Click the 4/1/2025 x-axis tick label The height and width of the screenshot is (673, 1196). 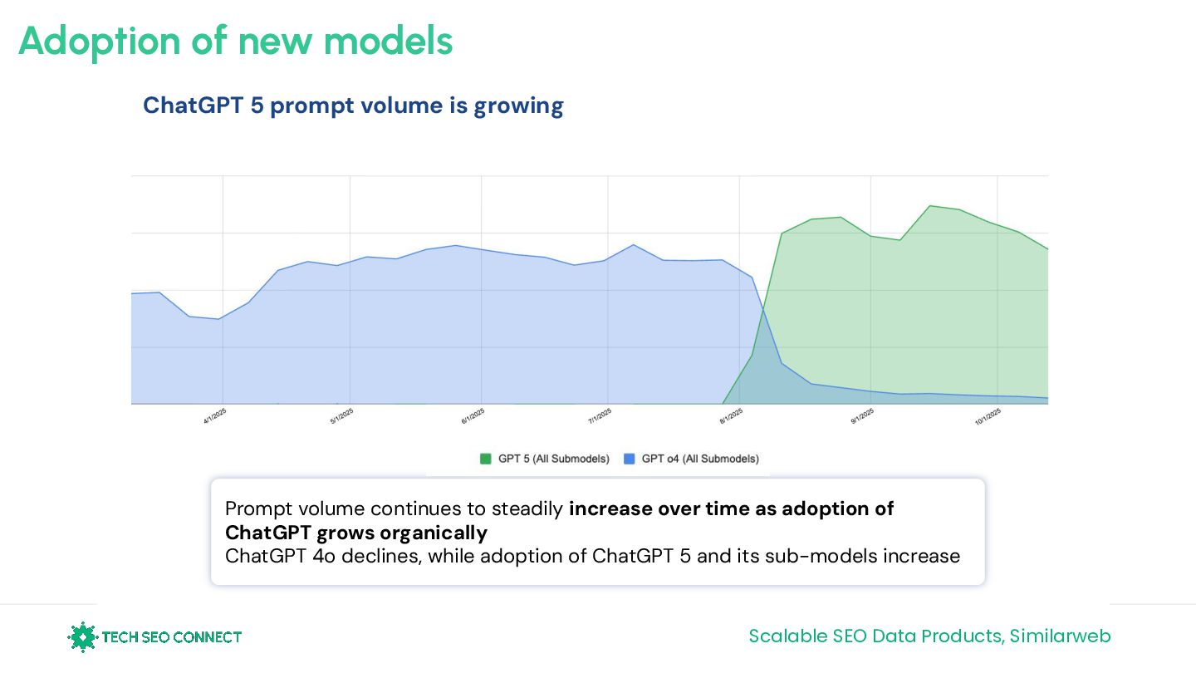tap(215, 416)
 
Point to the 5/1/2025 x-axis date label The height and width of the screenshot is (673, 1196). tap(341, 416)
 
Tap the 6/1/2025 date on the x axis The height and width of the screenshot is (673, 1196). tap(473, 416)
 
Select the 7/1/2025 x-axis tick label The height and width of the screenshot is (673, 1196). tap(600, 416)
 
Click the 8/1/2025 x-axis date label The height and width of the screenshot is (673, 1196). tap(732, 416)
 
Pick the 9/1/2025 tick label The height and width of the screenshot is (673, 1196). tap(862, 416)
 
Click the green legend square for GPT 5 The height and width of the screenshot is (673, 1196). tap(486, 459)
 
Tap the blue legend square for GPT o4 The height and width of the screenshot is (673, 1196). tap(629, 459)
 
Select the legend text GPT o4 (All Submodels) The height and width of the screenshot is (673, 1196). tap(700, 459)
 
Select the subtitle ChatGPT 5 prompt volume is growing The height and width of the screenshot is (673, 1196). tap(353, 106)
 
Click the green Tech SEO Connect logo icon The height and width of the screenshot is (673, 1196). tap(82, 637)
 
